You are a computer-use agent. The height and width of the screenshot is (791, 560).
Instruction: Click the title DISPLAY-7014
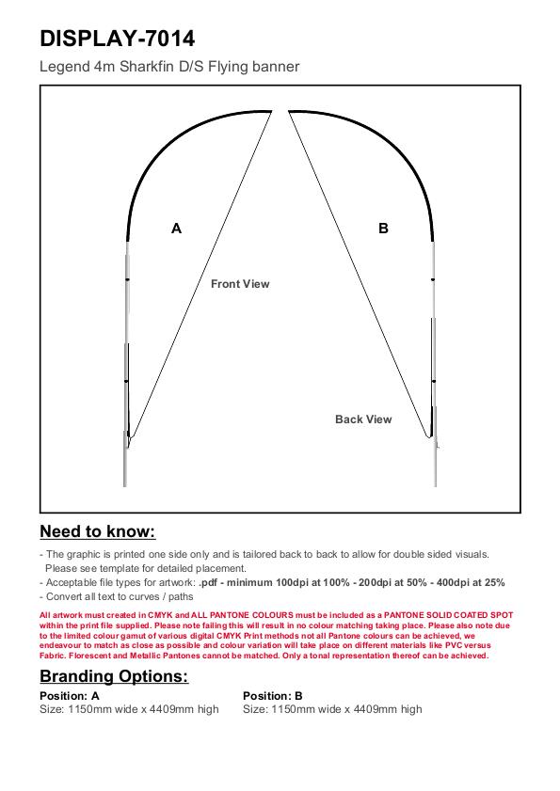[117, 39]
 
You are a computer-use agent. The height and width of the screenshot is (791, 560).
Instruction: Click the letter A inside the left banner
[176, 229]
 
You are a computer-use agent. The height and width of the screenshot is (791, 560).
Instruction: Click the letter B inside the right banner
[383, 229]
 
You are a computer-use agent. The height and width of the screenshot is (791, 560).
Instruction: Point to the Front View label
[240, 284]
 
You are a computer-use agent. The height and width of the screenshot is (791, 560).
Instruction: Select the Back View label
[363, 419]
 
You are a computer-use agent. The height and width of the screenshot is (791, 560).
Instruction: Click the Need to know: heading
[98, 531]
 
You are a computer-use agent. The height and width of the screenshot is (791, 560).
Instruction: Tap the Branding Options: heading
[114, 676]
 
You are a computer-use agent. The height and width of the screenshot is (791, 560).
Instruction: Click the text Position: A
[70, 696]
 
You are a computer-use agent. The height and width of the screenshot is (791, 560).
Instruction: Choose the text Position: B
[273, 696]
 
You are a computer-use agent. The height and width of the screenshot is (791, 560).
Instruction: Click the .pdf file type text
[208, 582]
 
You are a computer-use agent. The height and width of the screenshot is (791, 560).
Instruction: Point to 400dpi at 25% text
[471, 582]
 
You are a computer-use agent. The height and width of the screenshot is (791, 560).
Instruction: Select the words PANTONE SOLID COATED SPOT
[448, 615]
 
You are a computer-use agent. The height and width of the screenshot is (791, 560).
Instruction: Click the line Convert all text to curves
[117, 597]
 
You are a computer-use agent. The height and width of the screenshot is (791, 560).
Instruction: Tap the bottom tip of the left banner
[129, 447]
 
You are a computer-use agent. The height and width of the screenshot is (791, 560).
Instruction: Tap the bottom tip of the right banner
[430, 436]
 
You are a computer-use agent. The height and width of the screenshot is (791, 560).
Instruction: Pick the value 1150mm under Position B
[293, 709]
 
